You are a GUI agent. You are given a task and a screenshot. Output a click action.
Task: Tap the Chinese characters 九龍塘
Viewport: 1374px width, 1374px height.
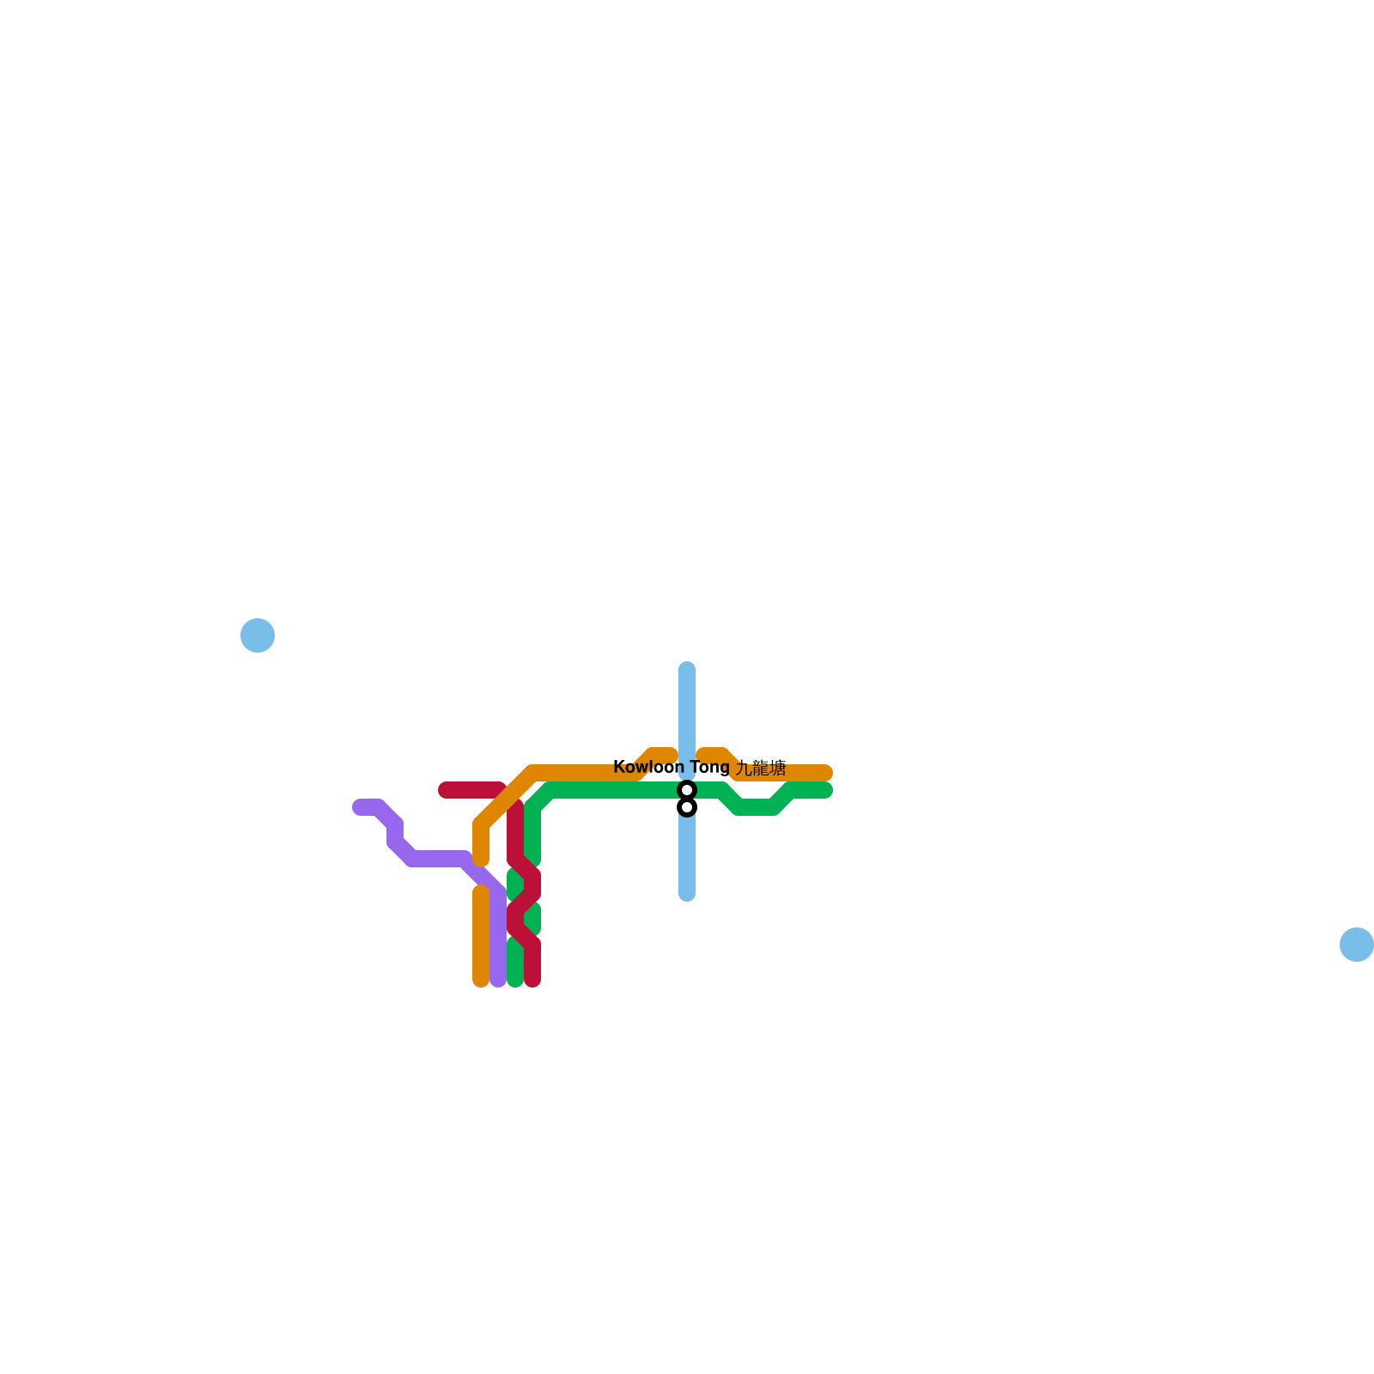tap(761, 768)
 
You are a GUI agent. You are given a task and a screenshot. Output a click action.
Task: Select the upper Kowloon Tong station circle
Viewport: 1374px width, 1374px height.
tap(687, 789)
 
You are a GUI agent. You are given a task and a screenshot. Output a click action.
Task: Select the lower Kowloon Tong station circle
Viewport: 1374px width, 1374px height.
tap(687, 807)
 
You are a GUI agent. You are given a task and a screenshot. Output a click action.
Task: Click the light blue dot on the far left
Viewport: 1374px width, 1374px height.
tap(258, 635)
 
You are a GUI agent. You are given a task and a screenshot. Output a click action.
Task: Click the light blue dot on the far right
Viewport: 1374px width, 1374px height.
tap(1357, 945)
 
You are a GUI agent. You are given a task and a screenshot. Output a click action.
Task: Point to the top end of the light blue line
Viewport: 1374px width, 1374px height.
tap(687, 668)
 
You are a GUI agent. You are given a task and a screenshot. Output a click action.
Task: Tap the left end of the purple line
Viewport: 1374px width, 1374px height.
tap(359, 807)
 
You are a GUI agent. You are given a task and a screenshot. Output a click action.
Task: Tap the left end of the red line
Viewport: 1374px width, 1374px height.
tap(445, 790)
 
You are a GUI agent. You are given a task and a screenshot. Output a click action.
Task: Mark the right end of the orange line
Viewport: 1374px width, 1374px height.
tap(826, 773)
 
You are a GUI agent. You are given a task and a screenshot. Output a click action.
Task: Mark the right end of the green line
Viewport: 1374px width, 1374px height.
tap(826, 790)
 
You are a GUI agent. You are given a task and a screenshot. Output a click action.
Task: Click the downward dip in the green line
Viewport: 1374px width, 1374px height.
tap(756, 807)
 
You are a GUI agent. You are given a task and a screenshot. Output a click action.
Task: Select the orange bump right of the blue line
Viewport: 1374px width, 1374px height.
tap(714, 755)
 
